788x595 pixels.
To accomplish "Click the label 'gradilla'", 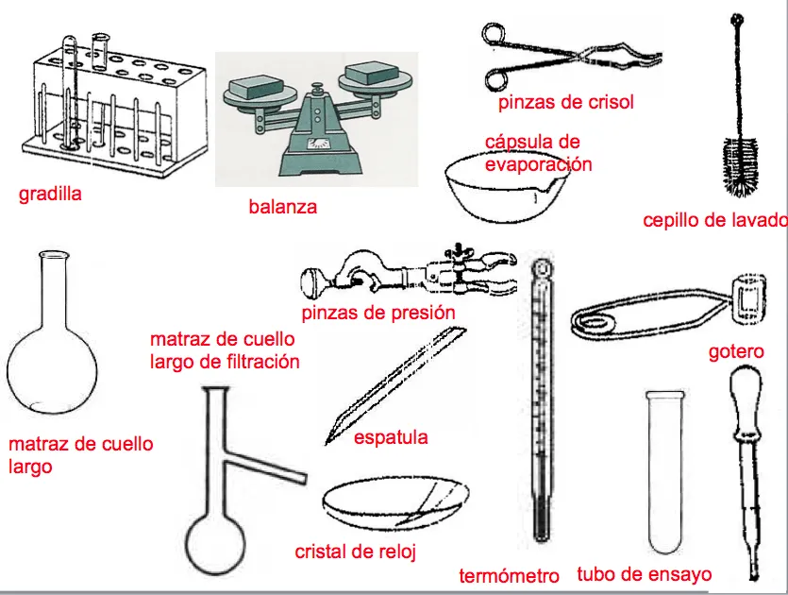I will [50, 195].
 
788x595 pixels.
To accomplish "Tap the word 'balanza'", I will [282, 206].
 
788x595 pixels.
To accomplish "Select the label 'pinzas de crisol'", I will [566, 102].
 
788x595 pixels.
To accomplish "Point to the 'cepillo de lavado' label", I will [714, 221].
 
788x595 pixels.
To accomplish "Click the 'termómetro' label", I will [509, 575].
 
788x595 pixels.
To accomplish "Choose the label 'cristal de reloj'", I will [355, 552].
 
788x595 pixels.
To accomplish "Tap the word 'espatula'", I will [391, 437].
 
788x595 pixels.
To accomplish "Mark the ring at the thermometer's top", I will [542, 271].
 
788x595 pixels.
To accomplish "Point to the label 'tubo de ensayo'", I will [644, 574].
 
